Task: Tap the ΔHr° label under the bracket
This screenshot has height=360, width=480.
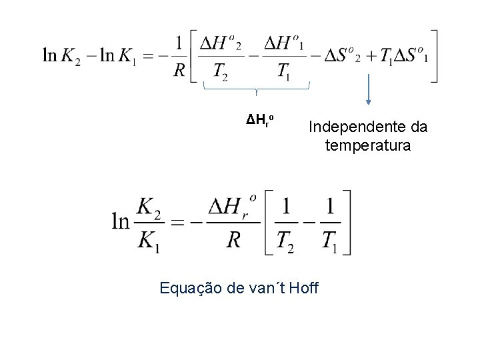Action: (x=257, y=121)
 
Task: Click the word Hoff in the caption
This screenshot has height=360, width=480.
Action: (x=304, y=289)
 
